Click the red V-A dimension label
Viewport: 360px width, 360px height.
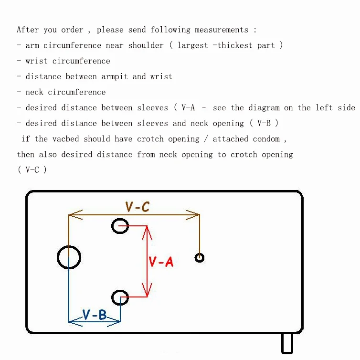161,262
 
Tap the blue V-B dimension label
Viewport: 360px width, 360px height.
95,315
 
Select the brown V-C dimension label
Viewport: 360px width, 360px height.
138,207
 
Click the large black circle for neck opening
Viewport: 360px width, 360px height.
69,257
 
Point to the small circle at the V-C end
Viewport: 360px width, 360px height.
200,258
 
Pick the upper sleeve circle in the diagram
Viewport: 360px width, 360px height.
120,226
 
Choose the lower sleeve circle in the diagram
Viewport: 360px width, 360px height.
120,298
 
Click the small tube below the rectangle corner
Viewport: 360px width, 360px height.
287,343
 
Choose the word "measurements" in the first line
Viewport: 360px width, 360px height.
222,30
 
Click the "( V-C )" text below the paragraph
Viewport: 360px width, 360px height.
32,170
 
